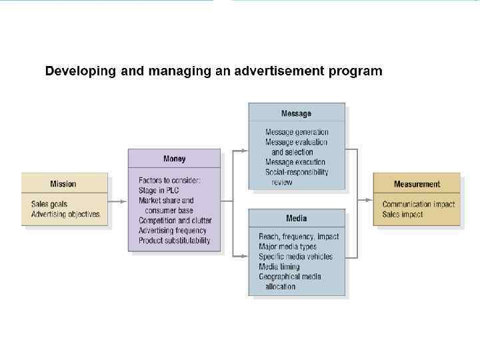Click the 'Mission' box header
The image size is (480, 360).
pos(63,184)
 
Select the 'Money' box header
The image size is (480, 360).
pos(174,159)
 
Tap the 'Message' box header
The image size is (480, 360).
pos(296,113)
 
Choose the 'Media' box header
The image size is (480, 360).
pos(296,219)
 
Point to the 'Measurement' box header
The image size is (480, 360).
pos(417,184)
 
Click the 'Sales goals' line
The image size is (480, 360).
pos(49,204)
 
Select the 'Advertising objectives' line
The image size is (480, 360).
pos(65,214)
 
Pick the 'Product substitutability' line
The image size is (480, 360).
pos(174,241)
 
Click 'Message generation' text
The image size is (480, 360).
pos(297,132)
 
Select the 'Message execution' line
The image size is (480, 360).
pos(295,162)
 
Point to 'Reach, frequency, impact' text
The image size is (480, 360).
pos(299,237)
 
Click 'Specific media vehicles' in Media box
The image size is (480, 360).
pos(295,257)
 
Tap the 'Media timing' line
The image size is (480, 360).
pos(279,267)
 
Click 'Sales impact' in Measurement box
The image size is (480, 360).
pos(403,214)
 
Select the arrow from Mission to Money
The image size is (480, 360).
pos(117,199)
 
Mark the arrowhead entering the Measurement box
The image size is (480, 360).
pos(369,199)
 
